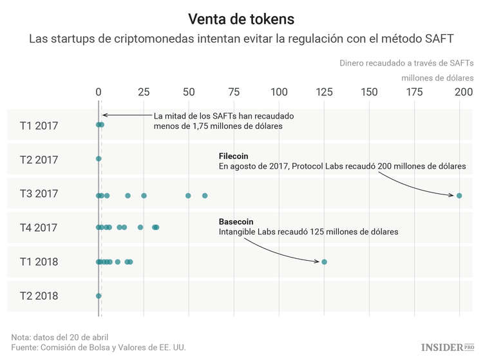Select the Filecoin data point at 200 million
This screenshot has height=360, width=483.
point(459,195)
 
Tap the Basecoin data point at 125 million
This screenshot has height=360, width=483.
point(324,261)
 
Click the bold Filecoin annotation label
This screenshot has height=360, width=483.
point(233,156)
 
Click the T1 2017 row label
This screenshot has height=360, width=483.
point(39,126)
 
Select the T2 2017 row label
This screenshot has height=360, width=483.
point(39,160)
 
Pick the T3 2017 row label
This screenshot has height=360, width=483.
point(39,194)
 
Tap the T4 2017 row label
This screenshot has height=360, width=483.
point(39,228)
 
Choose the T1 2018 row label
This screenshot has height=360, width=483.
point(39,262)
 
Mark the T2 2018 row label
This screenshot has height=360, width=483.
point(39,296)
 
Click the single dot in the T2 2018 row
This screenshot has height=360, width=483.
point(99,296)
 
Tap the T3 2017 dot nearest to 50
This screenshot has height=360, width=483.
point(188,195)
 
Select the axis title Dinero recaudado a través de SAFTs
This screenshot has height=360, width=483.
point(406,63)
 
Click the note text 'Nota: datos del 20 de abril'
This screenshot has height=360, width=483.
point(60,337)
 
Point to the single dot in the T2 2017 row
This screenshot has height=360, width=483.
point(99,158)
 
